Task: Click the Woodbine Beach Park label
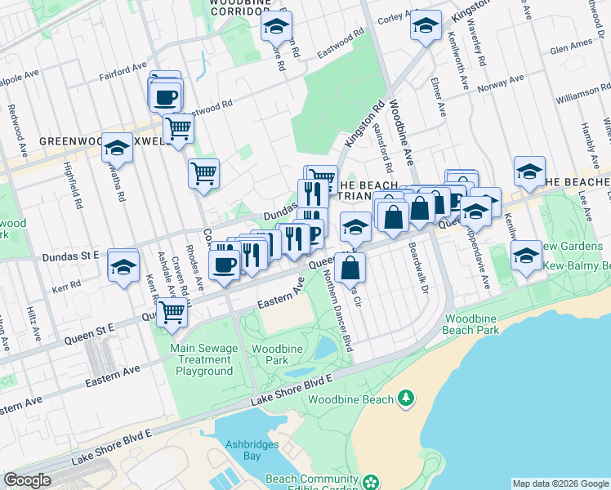pos(471,323)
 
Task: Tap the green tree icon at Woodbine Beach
pos(406,399)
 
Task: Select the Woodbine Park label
pos(277,354)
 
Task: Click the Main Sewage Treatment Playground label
pos(204,359)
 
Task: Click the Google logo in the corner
pos(27,480)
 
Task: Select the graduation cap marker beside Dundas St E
pos(123,267)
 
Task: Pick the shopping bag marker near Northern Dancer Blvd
pos(350,267)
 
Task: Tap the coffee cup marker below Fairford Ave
pos(166,97)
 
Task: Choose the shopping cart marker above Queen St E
pos(172,311)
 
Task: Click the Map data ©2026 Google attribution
pos(560,483)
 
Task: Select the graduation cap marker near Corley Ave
pos(426,26)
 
